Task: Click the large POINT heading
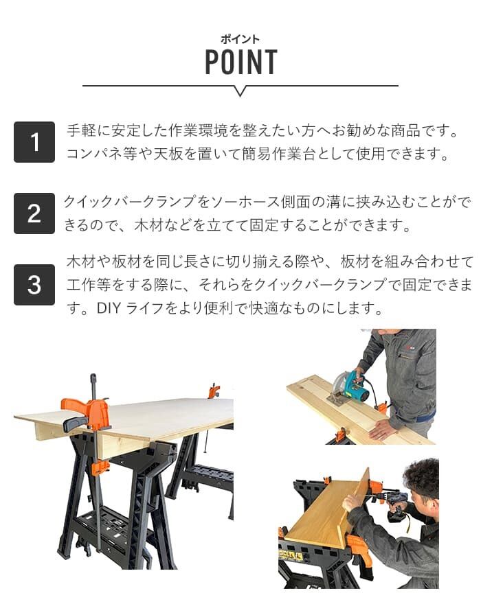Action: click(x=241, y=62)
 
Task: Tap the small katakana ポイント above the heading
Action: click(x=240, y=39)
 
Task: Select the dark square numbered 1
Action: click(x=34, y=142)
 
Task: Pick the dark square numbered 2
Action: click(x=34, y=213)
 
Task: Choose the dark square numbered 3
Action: click(x=34, y=285)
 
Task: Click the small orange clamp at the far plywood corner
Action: click(x=214, y=391)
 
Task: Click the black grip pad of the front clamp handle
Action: click(x=76, y=423)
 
